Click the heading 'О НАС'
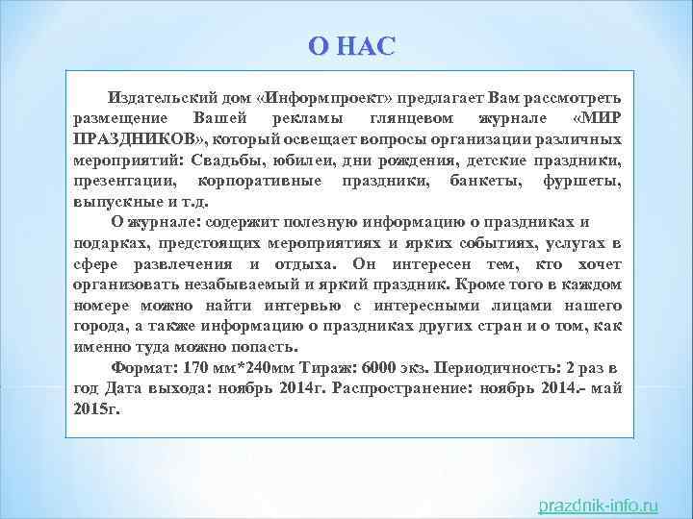[x=351, y=47]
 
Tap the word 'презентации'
[x=125, y=181]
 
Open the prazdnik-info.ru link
[x=598, y=504]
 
